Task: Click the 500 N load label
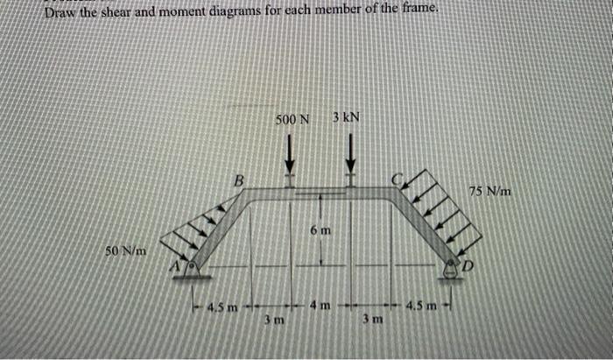(292, 120)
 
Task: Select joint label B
(237, 180)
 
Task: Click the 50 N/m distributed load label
(124, 252)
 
